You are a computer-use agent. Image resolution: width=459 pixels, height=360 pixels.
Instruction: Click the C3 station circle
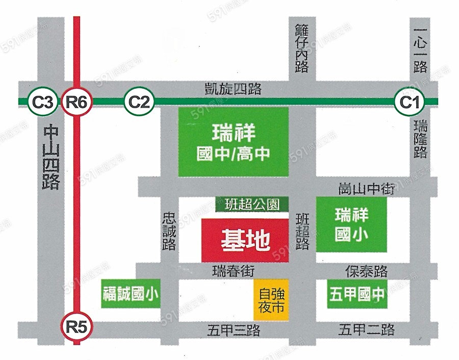tap(42, 101)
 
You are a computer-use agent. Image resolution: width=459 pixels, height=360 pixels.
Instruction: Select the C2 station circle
tap(139, 101)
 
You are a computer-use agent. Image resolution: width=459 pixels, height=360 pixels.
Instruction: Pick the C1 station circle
tap(410, 101)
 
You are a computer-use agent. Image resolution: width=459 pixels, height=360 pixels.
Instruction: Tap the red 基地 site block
tap(245, 241)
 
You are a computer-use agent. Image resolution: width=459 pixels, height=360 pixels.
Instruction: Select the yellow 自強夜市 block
tap(271, 301)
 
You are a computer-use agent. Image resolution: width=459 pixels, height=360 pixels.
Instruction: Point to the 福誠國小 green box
tap(131, 294)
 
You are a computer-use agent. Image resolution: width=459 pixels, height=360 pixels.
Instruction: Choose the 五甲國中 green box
tap(356, 294)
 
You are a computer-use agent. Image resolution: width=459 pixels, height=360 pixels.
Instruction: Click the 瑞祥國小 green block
tap(351, 225)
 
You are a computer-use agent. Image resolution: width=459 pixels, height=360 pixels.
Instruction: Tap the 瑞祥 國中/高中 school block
tap(233, 142)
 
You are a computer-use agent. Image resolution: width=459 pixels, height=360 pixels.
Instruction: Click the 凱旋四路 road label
tap(232, 89)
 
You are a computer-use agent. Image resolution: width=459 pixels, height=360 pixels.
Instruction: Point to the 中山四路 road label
tap(51, 158)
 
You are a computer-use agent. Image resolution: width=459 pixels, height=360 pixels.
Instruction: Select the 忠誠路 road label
tap(170, 231)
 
